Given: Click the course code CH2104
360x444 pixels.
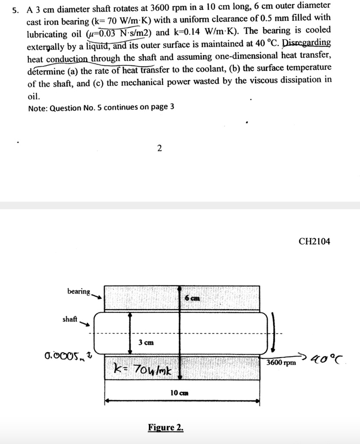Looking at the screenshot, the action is [314, 242].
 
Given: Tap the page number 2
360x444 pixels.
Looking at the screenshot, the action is [159, 149].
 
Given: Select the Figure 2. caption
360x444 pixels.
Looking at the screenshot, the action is [165, 428].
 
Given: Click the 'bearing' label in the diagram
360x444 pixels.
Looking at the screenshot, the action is [78, 291].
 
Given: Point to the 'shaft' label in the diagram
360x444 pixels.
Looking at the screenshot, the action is [70, 319].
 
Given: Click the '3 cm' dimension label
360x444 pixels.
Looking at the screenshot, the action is [146, 342].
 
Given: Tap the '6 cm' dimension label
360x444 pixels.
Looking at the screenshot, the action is [192, 298].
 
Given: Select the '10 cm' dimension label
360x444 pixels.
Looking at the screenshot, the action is [179, 392].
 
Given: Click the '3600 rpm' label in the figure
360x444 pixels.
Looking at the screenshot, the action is [281, 362].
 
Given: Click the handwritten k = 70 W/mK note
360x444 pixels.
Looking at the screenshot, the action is [143, 370].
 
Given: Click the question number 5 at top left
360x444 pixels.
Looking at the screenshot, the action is [16, 10].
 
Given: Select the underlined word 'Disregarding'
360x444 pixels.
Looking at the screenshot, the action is [307, 43].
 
